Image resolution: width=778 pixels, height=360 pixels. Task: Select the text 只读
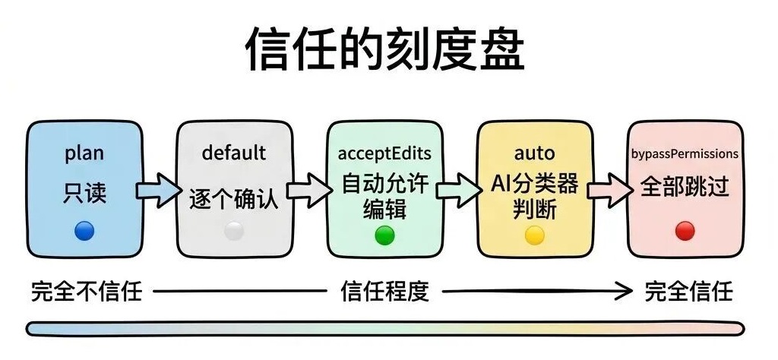(84, 193)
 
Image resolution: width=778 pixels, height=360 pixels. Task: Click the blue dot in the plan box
(84, 231)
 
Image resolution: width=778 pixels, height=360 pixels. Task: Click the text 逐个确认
(234, 201)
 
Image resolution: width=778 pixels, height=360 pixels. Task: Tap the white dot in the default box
(234, 231)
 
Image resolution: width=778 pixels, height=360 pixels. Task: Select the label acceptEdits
(384, 153)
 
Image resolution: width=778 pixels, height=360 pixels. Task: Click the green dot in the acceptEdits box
(384, 235)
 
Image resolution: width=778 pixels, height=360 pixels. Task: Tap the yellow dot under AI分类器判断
(535, 235)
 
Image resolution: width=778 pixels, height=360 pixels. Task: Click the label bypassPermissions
(685, 153)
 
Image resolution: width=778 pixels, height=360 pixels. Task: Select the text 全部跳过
(685, 188)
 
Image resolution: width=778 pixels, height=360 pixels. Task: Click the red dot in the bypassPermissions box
(685, 231)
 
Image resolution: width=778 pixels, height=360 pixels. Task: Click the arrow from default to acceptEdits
(306, 191)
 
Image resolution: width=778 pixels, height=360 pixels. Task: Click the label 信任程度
(384, 291)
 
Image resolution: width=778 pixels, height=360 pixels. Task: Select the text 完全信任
(688, 291)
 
